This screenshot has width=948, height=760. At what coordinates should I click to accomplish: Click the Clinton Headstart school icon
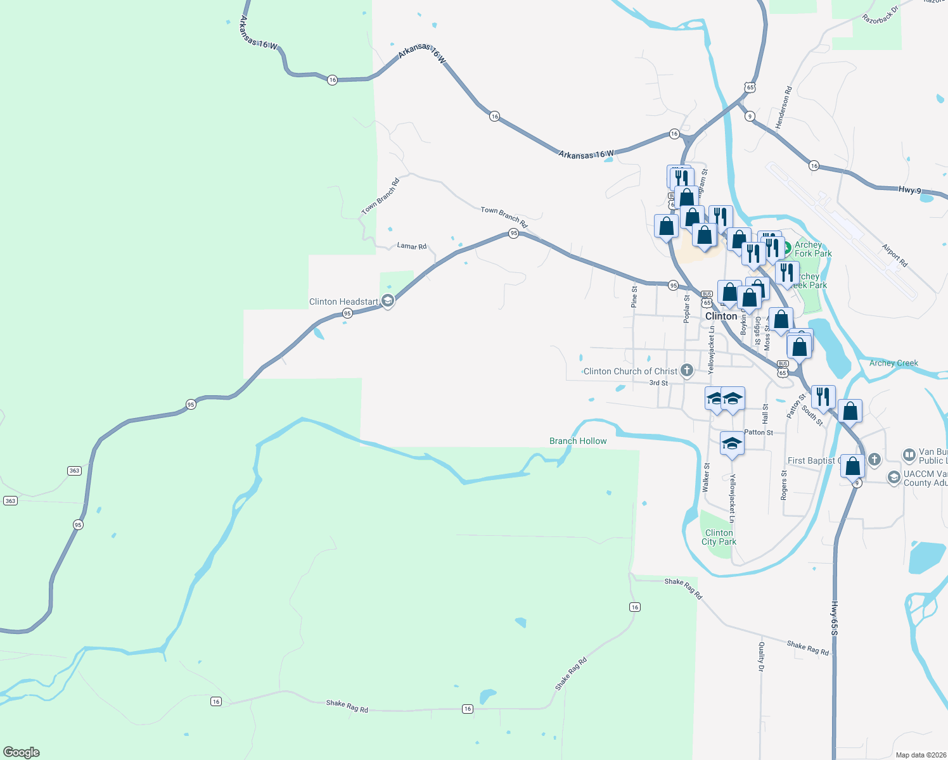coord(388,301)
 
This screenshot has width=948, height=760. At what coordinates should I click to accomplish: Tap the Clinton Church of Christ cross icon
coord(686,371)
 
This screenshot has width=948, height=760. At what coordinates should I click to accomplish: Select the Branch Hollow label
coord(578,441)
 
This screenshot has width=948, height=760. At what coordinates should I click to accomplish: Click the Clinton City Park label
coord(719,537)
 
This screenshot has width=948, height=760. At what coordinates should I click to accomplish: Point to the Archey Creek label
coord(894,363)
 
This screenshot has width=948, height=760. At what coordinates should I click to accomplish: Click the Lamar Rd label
coord(412,246)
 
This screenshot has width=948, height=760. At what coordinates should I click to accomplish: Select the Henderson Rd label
coord(784,108)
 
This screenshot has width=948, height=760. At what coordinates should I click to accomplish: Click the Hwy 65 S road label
coord(835,618)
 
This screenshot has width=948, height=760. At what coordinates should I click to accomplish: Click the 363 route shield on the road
coord(74,471)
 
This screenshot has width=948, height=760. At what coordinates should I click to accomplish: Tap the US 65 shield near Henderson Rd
coord(750,87)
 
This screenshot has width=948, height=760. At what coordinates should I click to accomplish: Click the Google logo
coord(22,752)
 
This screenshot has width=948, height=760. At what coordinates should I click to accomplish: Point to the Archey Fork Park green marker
coord(786,247)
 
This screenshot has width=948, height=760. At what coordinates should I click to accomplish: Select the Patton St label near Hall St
coord(759,432)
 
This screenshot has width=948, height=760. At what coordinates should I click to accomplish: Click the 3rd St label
coord(658,383)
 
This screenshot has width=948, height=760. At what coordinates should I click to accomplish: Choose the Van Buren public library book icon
coord(909,455)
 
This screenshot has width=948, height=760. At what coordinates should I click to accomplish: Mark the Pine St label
coord(634,296)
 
